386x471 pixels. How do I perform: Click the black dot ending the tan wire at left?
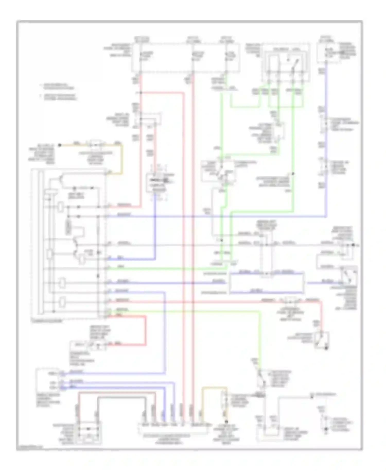coord(59,145)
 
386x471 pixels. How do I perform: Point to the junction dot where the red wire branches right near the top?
coord(141,92)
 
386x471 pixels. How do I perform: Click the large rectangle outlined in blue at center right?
coord(266,283)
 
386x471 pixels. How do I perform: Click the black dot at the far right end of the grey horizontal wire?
coord(353,245)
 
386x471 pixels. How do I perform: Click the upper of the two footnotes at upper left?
coord(57,86)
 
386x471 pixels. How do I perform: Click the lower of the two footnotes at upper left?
coord(58,97)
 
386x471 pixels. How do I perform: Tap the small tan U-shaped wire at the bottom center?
coord(214,388)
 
